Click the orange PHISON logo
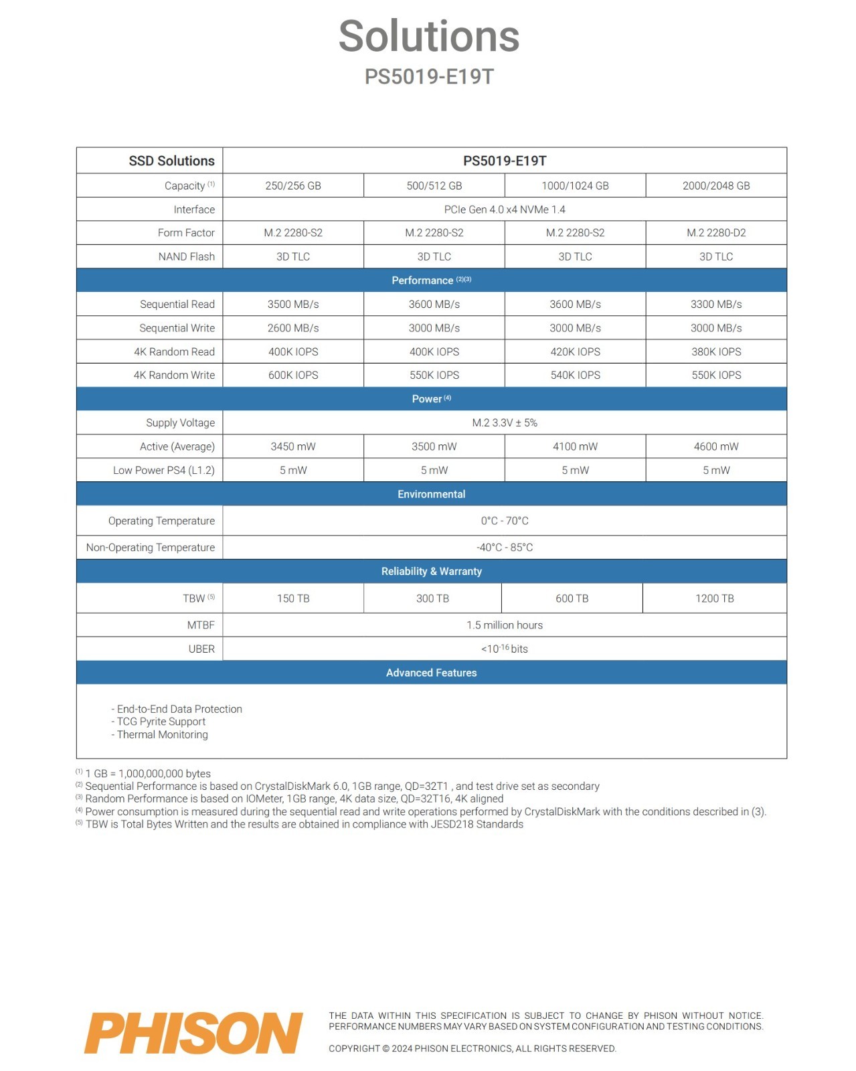tap(193, 1033)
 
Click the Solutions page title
tap(429, 36)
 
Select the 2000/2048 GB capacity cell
tap(715, 185)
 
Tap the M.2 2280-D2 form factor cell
tap(715, 233)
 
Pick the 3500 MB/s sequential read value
tap(293, 304)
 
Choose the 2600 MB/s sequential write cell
tap(293, 328)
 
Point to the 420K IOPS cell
tap(575, 351)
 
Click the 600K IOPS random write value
tap(293, 375)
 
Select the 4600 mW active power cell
tap(715, 446)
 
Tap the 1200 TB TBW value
tap(714, 598)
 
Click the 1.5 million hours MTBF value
tap(505, 625)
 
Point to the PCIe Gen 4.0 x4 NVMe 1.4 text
tap(505, 210)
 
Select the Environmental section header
tap(431, 494)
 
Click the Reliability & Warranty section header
tap(431, 571)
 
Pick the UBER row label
tap(201, 649)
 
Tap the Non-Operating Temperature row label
tap(151, 548)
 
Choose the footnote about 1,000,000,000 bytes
tap(147, 774)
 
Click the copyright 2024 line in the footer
tap(472, 1048)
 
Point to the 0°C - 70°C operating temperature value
tap(505, 521)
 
